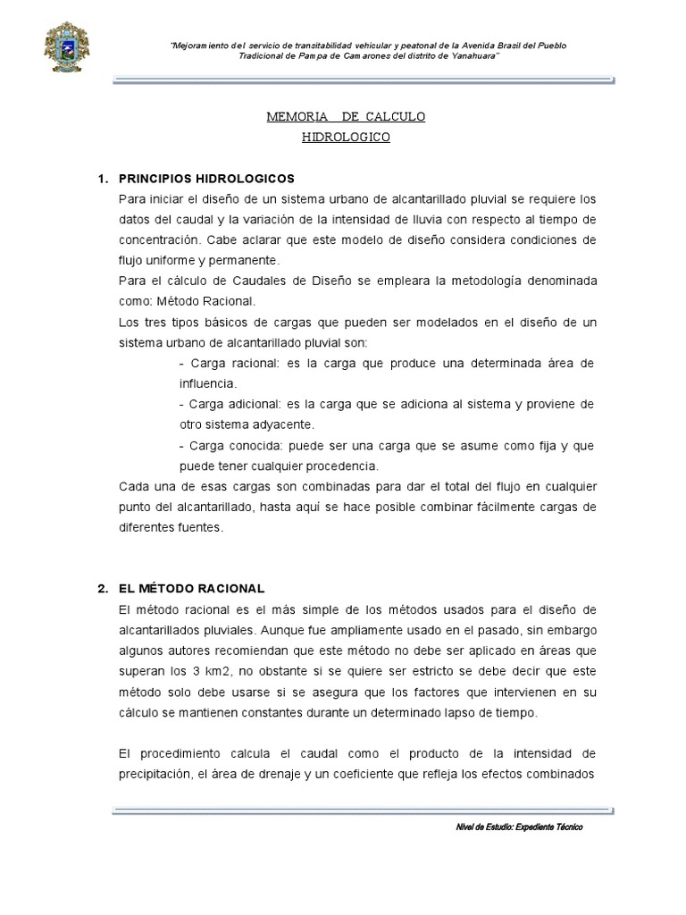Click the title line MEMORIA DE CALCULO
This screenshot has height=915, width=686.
pos(347,117)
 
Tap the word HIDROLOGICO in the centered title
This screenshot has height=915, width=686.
pos(347,138)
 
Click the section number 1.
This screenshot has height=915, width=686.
pos(102,178)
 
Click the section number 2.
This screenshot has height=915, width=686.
pos(102,588)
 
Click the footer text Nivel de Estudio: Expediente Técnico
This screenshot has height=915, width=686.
pos(519,827)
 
